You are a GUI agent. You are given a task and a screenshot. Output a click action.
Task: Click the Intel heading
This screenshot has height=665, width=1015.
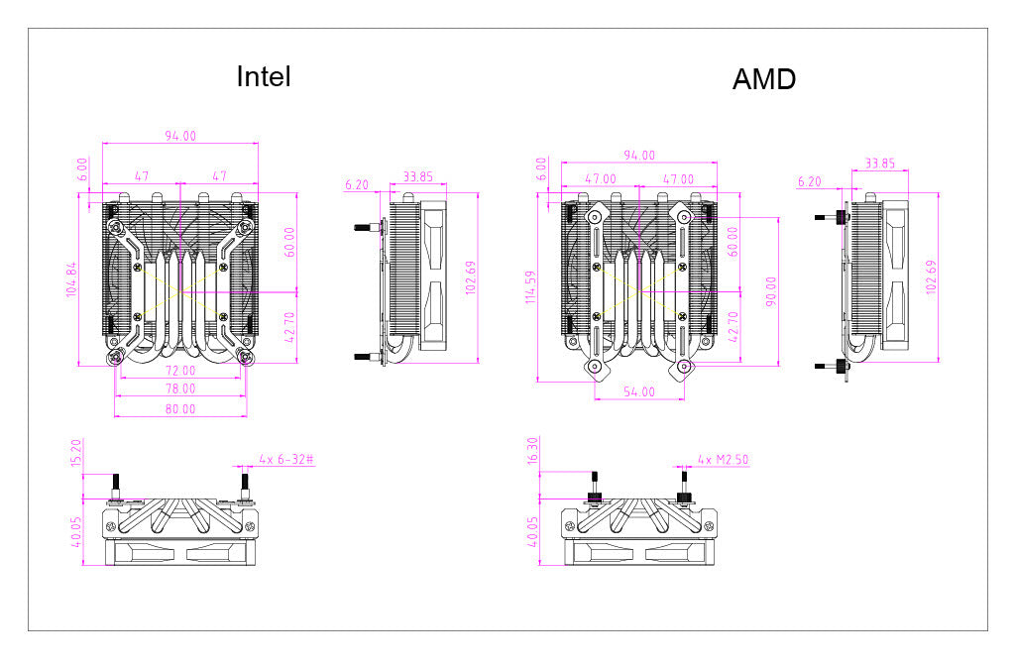tap(264, 76)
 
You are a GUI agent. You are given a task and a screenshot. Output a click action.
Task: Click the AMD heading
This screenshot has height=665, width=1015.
tap(763, 79)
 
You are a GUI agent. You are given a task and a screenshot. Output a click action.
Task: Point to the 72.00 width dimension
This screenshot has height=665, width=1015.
tap(180, 369)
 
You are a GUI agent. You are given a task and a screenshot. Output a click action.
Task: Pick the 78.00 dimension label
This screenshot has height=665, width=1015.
tap(180, 388)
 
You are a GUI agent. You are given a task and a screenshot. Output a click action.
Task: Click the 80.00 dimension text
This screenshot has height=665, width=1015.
tap(180, 407)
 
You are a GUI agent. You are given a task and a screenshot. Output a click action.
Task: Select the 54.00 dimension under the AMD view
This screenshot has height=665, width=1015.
tap(639, 391)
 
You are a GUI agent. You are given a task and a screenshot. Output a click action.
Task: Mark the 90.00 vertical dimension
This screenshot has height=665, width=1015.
tap(772, 291)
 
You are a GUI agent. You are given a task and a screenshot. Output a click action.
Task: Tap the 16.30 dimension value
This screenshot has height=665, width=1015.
tap(533, 452)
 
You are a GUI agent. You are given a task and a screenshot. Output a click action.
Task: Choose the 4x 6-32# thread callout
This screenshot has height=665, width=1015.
tap(286, 459)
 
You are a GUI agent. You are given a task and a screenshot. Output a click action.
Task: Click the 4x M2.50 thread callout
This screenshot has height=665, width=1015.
tap(725, 459)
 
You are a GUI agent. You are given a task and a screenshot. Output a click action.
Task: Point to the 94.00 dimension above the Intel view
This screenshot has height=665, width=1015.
tap(180, 136)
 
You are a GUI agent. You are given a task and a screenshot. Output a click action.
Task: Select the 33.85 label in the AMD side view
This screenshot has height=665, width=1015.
tap(879, 163)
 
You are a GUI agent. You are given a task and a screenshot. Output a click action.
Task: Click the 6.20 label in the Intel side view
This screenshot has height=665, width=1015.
tap(357, 184)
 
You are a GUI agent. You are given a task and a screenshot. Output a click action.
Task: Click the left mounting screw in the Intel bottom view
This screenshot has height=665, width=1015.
tap(116, 486)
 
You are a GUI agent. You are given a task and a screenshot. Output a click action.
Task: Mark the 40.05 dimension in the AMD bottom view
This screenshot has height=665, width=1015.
tap(533, 536)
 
